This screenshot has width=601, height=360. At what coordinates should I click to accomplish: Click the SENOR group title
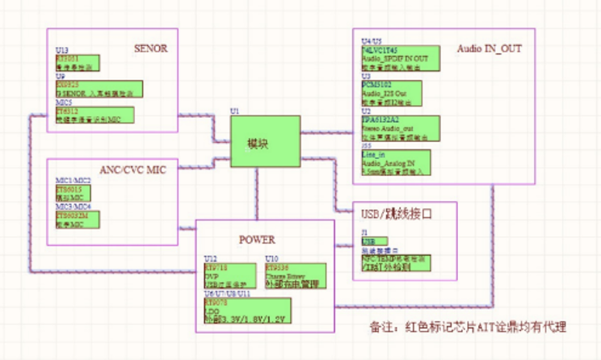pos(150,48)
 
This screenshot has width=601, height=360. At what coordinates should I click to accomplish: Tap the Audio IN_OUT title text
pos(489,49)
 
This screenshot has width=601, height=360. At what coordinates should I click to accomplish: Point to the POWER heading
pos(257,240)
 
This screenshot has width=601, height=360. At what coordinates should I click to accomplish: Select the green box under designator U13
pos(78,63)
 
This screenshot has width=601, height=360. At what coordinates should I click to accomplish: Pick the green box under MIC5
pos(94,115)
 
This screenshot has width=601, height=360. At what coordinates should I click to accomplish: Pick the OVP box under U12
pos(225,275)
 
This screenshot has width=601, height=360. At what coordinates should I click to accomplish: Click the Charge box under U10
pos(296,275)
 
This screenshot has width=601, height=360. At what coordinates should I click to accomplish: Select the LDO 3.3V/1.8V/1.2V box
pos(246,311)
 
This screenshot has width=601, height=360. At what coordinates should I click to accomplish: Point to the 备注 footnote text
pos(468,327)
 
